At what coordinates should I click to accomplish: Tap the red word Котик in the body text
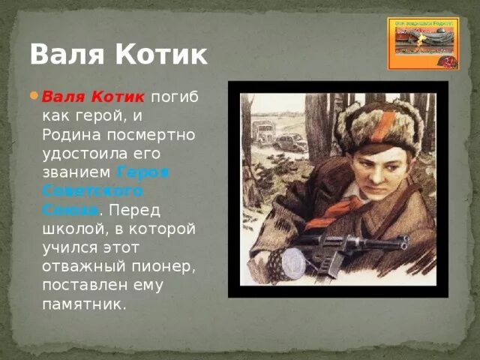coord(118,97)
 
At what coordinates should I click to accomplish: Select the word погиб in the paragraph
coord(176,97)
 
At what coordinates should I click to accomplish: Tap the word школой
coord(70,229)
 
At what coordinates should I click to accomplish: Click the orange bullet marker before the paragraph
coord(34,96)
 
